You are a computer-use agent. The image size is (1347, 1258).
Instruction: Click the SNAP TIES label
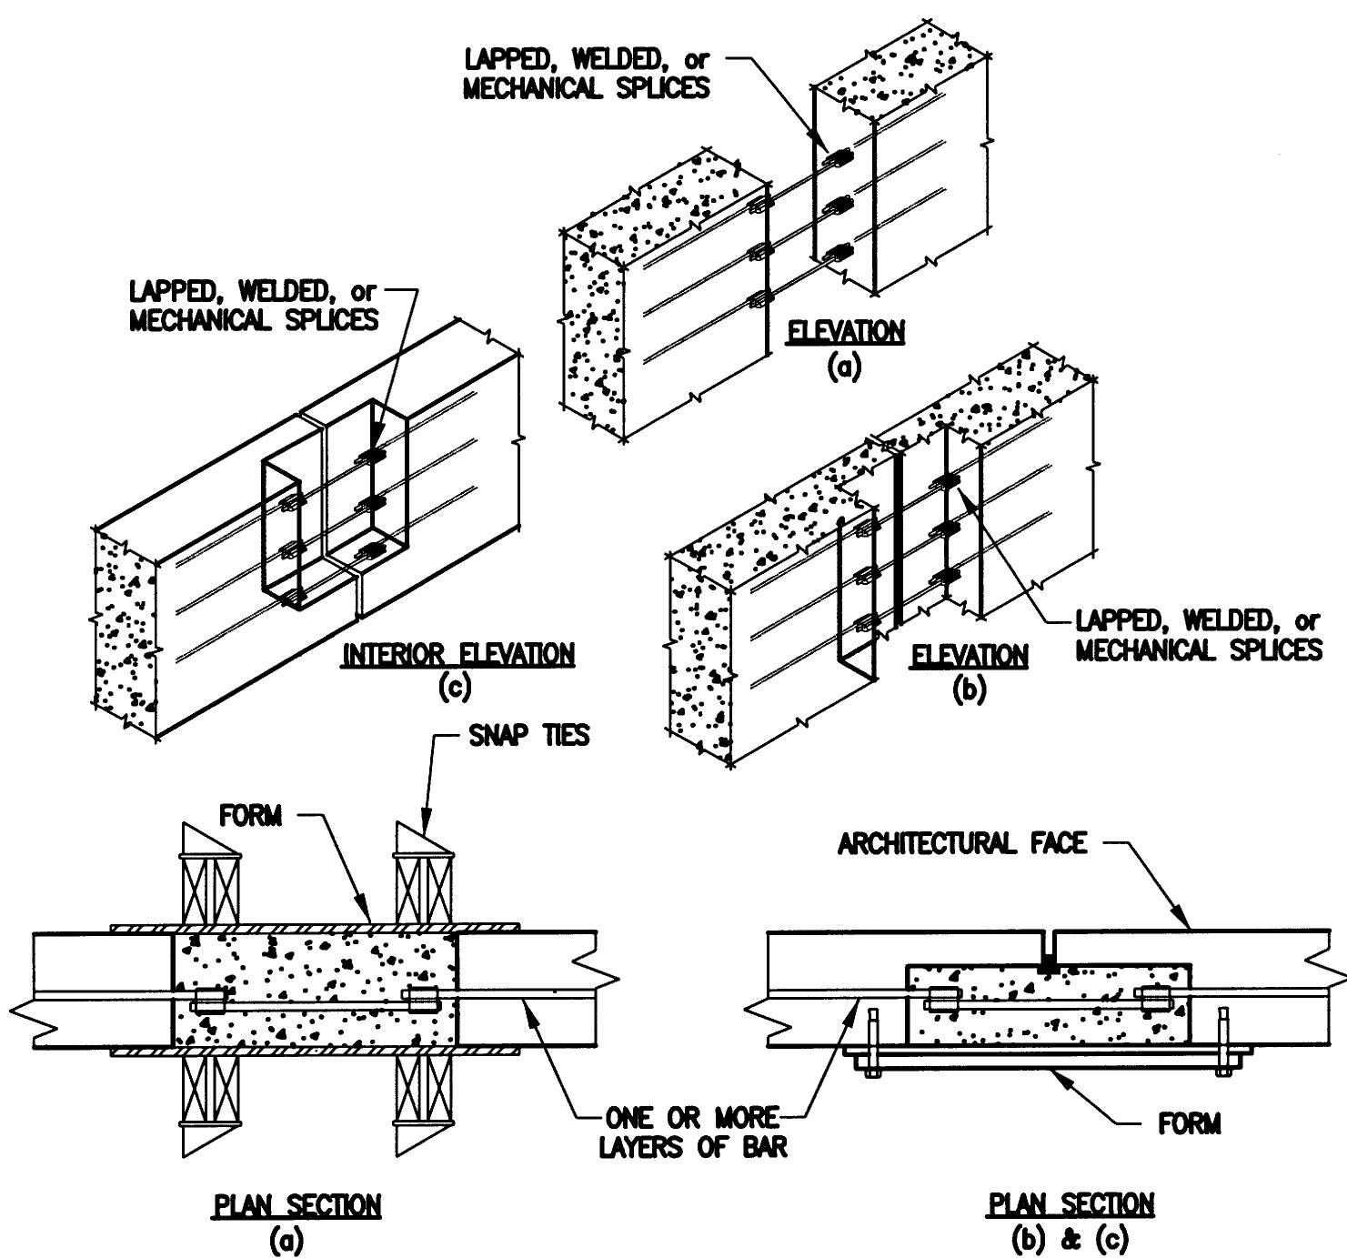(x=528, y=735)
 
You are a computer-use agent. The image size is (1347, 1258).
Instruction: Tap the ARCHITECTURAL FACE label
(x=961, y=844)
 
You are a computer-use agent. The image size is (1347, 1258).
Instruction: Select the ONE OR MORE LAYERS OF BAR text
(x=692, y=1132)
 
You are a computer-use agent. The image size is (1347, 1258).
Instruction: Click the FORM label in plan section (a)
(x=250, y=815)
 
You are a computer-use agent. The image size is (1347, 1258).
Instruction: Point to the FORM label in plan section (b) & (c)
(x=1189, y=1124)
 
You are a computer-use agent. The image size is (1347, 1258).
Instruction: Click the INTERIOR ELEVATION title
(x=458, y=654)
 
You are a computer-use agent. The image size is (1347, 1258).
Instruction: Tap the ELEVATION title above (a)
(x=845, y=331)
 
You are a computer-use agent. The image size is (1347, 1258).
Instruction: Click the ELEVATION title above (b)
(x=970, y=655)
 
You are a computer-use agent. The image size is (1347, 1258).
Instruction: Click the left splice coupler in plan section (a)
(x=209, y=1000)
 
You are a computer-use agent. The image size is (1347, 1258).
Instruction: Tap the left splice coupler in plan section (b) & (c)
(x=940, y=999)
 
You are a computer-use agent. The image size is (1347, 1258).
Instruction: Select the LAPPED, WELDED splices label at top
(x=587, y=74)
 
